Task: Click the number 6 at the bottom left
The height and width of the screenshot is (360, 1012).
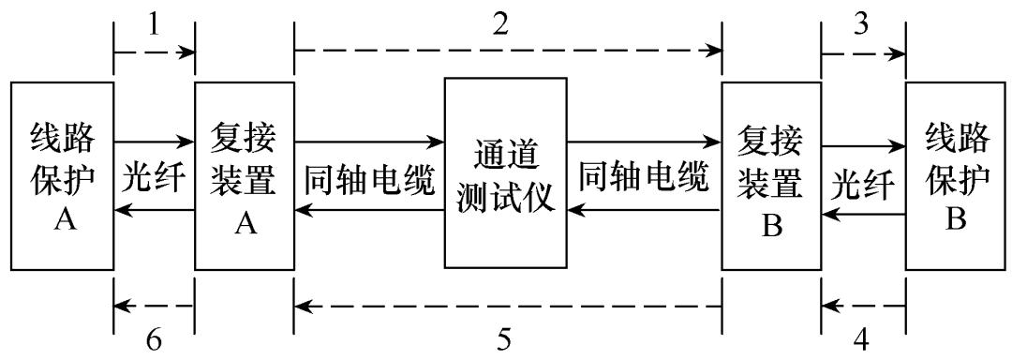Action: [x=156, y=337]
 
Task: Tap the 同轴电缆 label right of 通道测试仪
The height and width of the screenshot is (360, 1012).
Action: [x=643, y=178]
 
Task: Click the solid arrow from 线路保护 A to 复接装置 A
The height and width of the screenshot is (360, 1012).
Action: [x=154, y=142]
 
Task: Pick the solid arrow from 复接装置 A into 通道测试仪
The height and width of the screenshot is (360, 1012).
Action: [x=369, y=142]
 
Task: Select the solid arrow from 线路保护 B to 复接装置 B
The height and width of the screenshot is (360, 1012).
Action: [x=862, y=214]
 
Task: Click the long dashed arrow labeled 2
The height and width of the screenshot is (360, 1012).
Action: [x=506, y=52]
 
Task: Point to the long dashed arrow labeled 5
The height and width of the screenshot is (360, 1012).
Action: [x=506, y=306]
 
